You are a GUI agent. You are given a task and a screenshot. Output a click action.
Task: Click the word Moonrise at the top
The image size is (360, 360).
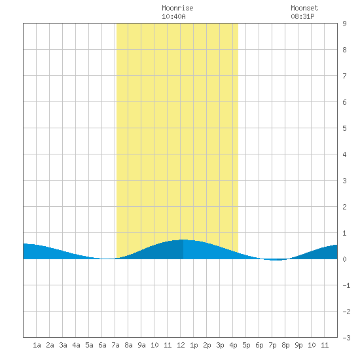point(177,8)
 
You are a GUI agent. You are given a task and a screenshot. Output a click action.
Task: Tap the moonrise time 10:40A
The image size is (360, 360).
point(173,16)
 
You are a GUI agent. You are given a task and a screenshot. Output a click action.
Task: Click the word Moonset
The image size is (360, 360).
point(304,8)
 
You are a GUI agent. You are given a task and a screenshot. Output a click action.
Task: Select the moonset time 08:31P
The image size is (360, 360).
point(302,16)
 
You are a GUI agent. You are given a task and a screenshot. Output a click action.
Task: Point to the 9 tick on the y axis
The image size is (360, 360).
point(344,24)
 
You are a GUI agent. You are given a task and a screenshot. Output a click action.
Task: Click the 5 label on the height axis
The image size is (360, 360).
point(344,128)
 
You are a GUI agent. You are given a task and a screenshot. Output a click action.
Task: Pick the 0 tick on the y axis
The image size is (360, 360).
point(344,259)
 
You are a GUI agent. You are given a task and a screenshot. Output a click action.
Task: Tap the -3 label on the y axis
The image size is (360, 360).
point(346,338)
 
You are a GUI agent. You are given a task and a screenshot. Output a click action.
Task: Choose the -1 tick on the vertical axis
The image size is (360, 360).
point(346,285)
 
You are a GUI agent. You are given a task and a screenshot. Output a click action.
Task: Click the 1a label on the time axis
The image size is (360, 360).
point(37,345)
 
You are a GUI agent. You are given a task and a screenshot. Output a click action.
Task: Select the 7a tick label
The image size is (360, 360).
point(115,345)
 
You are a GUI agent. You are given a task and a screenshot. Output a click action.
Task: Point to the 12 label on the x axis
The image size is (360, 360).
point(181,345)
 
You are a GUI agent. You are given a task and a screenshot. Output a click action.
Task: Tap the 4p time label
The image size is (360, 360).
point(233,345)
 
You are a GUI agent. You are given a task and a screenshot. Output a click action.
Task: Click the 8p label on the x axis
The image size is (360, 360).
point(285,345)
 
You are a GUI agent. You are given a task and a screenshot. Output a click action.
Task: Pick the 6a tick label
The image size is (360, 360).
point(102,345)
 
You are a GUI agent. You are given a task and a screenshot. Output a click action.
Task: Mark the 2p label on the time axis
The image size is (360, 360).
point(207,345)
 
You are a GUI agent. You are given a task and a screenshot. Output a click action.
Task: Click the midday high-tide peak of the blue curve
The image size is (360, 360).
point(183,240)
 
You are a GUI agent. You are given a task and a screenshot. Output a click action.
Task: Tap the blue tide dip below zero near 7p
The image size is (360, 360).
point(276,260)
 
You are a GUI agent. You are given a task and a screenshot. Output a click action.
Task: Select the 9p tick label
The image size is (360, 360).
point(298,345)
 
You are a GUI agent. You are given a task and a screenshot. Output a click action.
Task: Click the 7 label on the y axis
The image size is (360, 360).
point(344,76)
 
